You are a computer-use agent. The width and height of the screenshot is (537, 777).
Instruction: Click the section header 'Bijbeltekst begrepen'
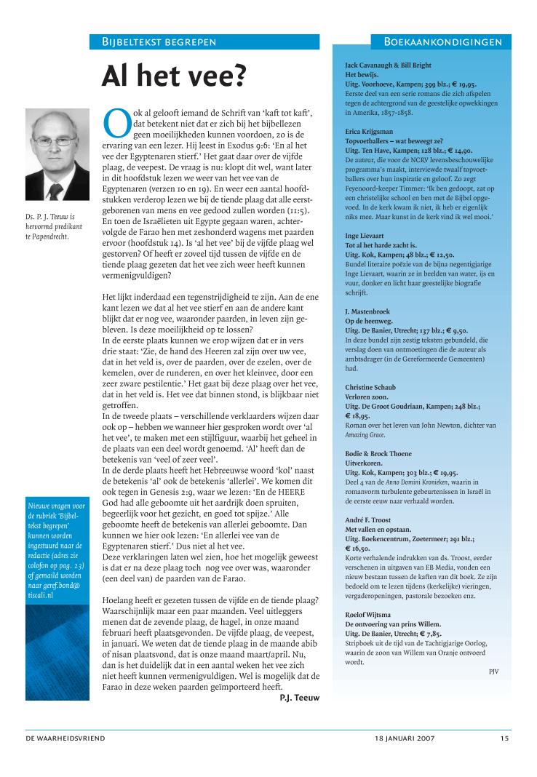159,41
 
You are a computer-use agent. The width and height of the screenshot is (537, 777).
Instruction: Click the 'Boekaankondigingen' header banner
442,41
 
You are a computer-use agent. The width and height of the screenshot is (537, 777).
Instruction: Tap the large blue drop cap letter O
116,123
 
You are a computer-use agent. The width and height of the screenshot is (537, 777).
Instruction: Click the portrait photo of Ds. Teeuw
57,154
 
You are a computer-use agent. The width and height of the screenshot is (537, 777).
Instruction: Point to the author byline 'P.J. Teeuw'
300,698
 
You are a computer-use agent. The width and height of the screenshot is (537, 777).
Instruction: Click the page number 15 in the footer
504,738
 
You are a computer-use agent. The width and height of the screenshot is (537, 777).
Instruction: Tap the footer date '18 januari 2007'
405,738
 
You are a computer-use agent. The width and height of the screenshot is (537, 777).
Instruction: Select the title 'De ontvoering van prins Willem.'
393,624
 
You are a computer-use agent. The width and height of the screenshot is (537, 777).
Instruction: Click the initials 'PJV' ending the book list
494,671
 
